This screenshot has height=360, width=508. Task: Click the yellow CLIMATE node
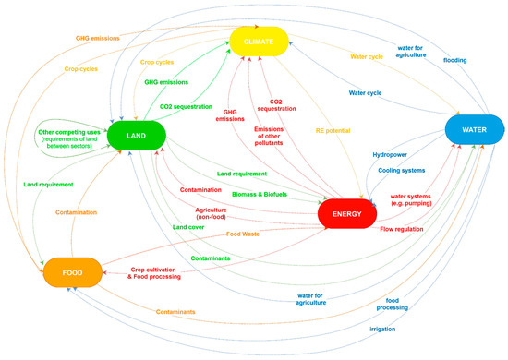[x=260, y=41]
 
